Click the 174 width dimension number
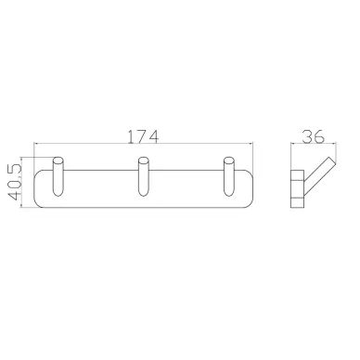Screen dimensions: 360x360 coord(143,136)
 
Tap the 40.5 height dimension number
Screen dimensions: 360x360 coord(14,182)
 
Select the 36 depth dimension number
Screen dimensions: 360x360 coord(314,136)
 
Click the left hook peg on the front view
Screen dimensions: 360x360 coord(58,176)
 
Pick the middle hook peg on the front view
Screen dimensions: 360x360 coord(143,176)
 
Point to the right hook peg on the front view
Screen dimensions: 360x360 coord(228,176)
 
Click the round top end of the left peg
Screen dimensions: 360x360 coord(58,161)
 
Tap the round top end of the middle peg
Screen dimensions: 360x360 coord(143,161)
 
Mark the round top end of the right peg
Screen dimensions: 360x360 coord(228,161)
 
